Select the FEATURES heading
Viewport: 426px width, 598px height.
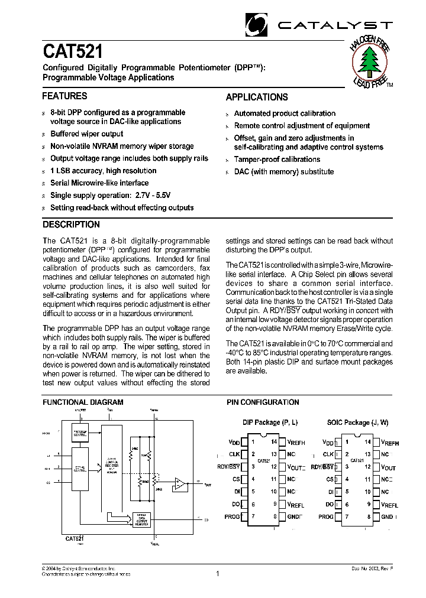pos(64,96)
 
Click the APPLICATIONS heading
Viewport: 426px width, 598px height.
pos(257,97)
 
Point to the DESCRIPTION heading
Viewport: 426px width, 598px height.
pos(71,225)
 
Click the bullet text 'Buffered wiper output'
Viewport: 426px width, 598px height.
pos(86,134)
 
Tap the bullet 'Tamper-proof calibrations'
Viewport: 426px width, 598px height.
pos(277,160)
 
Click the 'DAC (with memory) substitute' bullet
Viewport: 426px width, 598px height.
pos(284,172)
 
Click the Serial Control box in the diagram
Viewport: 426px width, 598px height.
pos(80,469)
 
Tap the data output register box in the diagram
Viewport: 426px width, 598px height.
pos(140,519)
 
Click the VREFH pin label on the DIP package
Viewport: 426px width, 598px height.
pos(296,442)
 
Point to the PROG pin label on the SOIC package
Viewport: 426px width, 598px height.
pos(326,516)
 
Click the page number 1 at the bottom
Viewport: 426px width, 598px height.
pos(218,573)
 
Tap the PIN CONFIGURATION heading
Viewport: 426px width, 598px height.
pos(263,402)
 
